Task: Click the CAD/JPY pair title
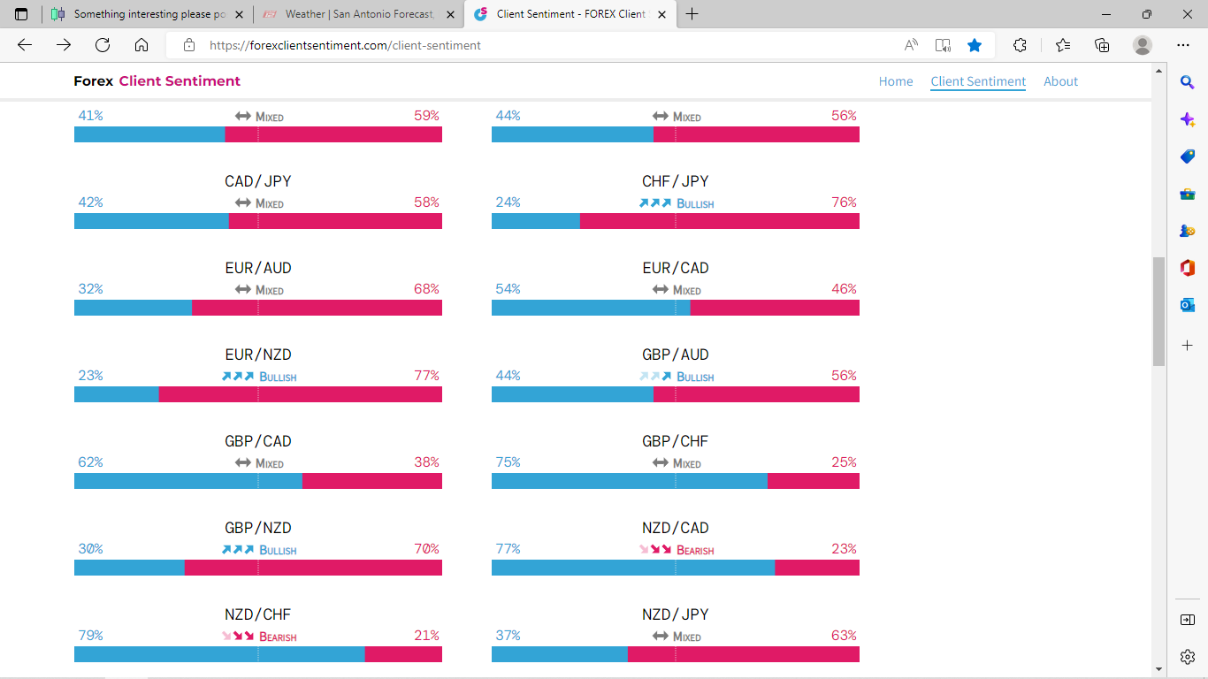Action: pyautogui.click(x=257, y=181)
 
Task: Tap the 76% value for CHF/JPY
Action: pyautogui.click(x=844, y=202)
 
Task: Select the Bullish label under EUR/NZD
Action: pyautogui.click(x=278, y=377)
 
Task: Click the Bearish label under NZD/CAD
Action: pyautogui.click(x=695, y=550)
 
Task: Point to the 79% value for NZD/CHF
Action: pyautogui.click(x=90, y=636)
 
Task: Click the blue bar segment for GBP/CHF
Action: pyautogui.click(x=629, y=481)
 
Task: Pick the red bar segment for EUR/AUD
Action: pyautogui.click(x=317, y=308)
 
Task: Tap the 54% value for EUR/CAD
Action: pyautogui.click(x=508, y=289)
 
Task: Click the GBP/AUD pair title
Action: pyautogui.click(x=675, y=355)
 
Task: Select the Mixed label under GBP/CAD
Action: pyautogui.click(x=269, y=463)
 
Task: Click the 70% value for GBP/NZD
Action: pyautogui.click(x=426, y=549)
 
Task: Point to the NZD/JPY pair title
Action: pyautogui.click(x=675, y=614)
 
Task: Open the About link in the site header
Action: pyautogui.click(x=1060, y=81)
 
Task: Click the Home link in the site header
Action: pyautogui.click(x=895, y=81)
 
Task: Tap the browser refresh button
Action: pyautogui.click(x=103, y=45)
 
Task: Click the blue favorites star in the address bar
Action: pyautogui.click(x=975, y=45)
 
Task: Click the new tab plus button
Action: pyautogui.click(x=692, y=14)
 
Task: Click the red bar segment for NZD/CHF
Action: pyautogui.click(x=403, y=654)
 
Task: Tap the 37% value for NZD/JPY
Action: pyautogui.click(x=508, y=636)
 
